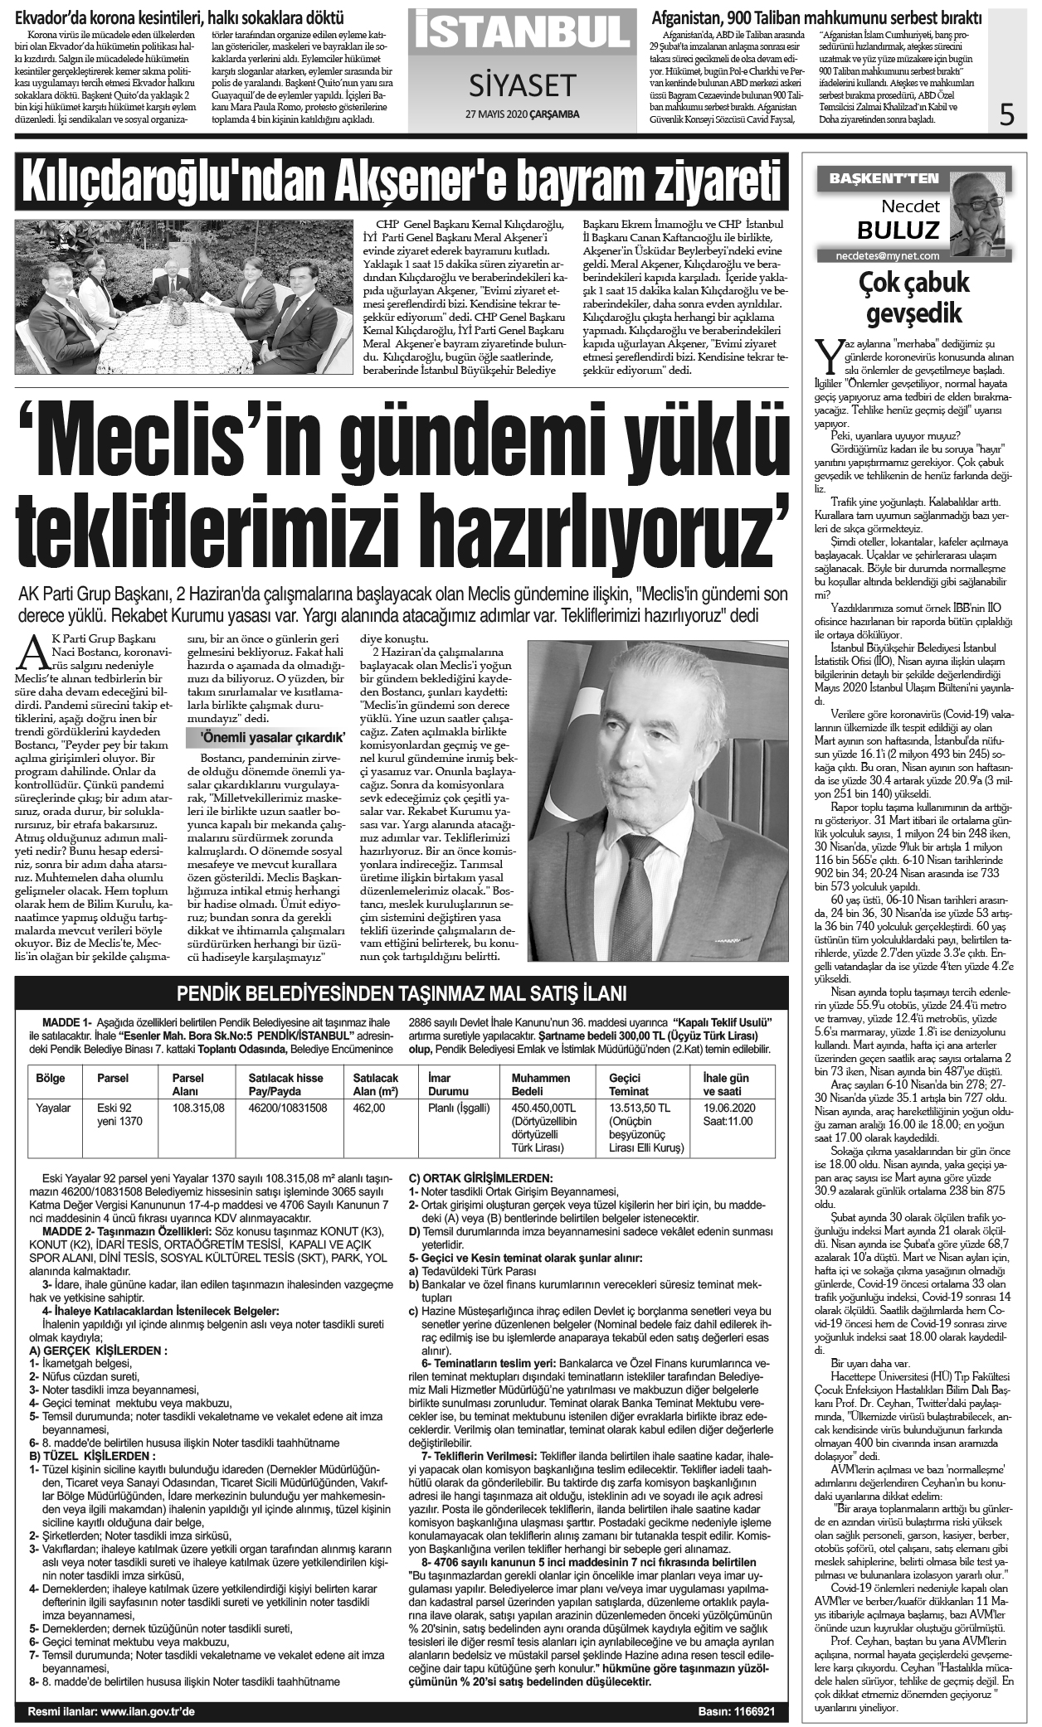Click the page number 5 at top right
click(1007, 113)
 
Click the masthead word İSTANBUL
click(520, 31)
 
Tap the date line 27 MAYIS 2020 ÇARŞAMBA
click(520, 114)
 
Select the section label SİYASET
click(520, 84)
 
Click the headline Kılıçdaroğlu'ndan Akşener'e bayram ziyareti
click(401, 182)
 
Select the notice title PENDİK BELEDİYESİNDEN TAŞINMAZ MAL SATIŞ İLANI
click(402, 994)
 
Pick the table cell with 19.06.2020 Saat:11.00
click(728, 1114)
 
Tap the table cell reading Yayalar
click(54, 1108)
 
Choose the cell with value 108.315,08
click(198, 1108)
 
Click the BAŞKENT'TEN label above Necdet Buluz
click(878, 177)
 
